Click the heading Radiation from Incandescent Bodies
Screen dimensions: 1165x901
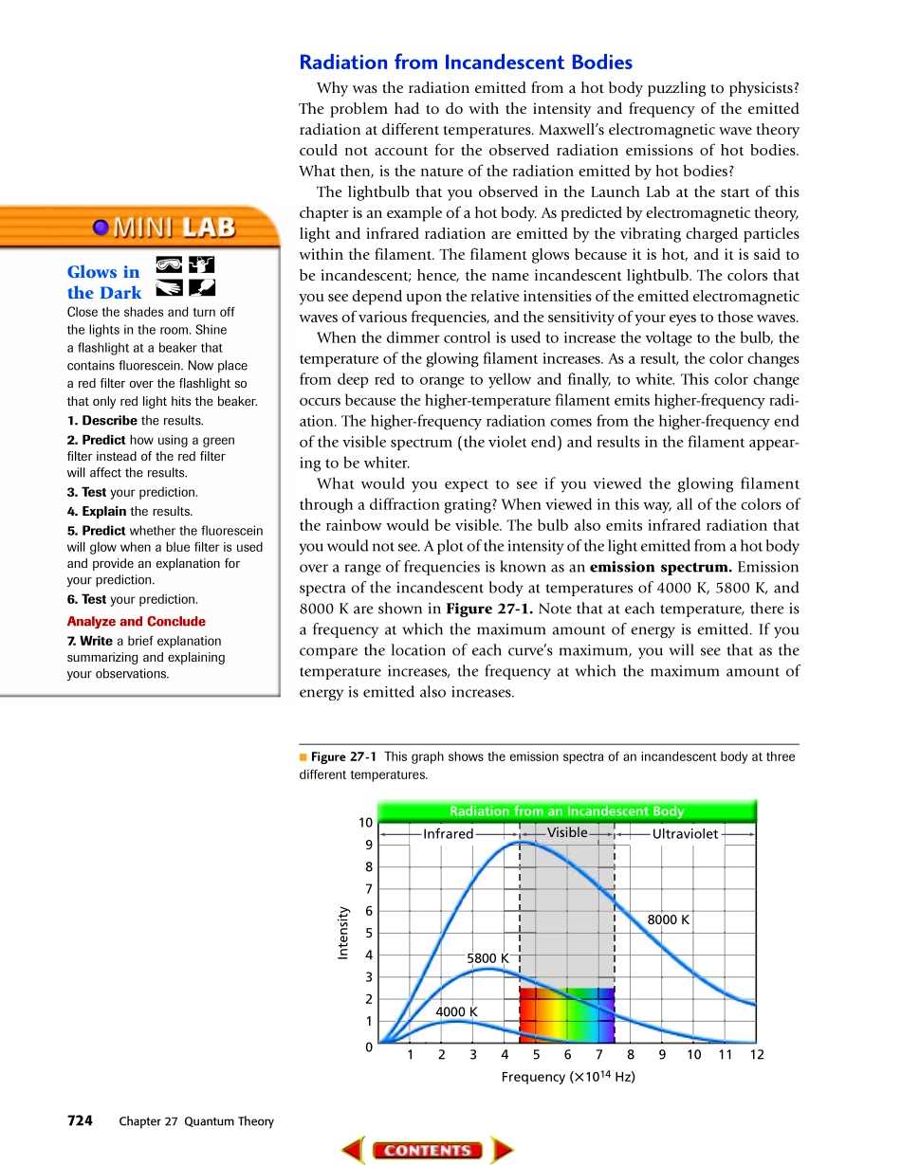[466, 63]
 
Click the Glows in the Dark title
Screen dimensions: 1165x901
[104, 282]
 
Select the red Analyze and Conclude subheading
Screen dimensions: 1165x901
[136, 622]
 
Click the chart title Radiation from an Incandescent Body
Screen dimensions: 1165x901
[566, 811]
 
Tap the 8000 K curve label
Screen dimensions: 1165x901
[668, 919]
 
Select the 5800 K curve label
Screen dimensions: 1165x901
[487, 958]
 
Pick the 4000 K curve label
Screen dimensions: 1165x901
[456, 1012]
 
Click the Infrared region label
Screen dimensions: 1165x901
[448, 834]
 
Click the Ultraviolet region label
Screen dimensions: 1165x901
[685, 834]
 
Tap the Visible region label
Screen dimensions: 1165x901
[567, 832]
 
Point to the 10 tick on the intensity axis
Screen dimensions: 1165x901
[365, 822]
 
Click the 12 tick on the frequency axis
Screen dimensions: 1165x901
[756, 1054]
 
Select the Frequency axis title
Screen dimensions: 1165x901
[567, 1077]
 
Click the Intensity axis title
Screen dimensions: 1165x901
[344, 933]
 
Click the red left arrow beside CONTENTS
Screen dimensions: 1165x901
[353, 1150]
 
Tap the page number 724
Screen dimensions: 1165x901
[80, 1120]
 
